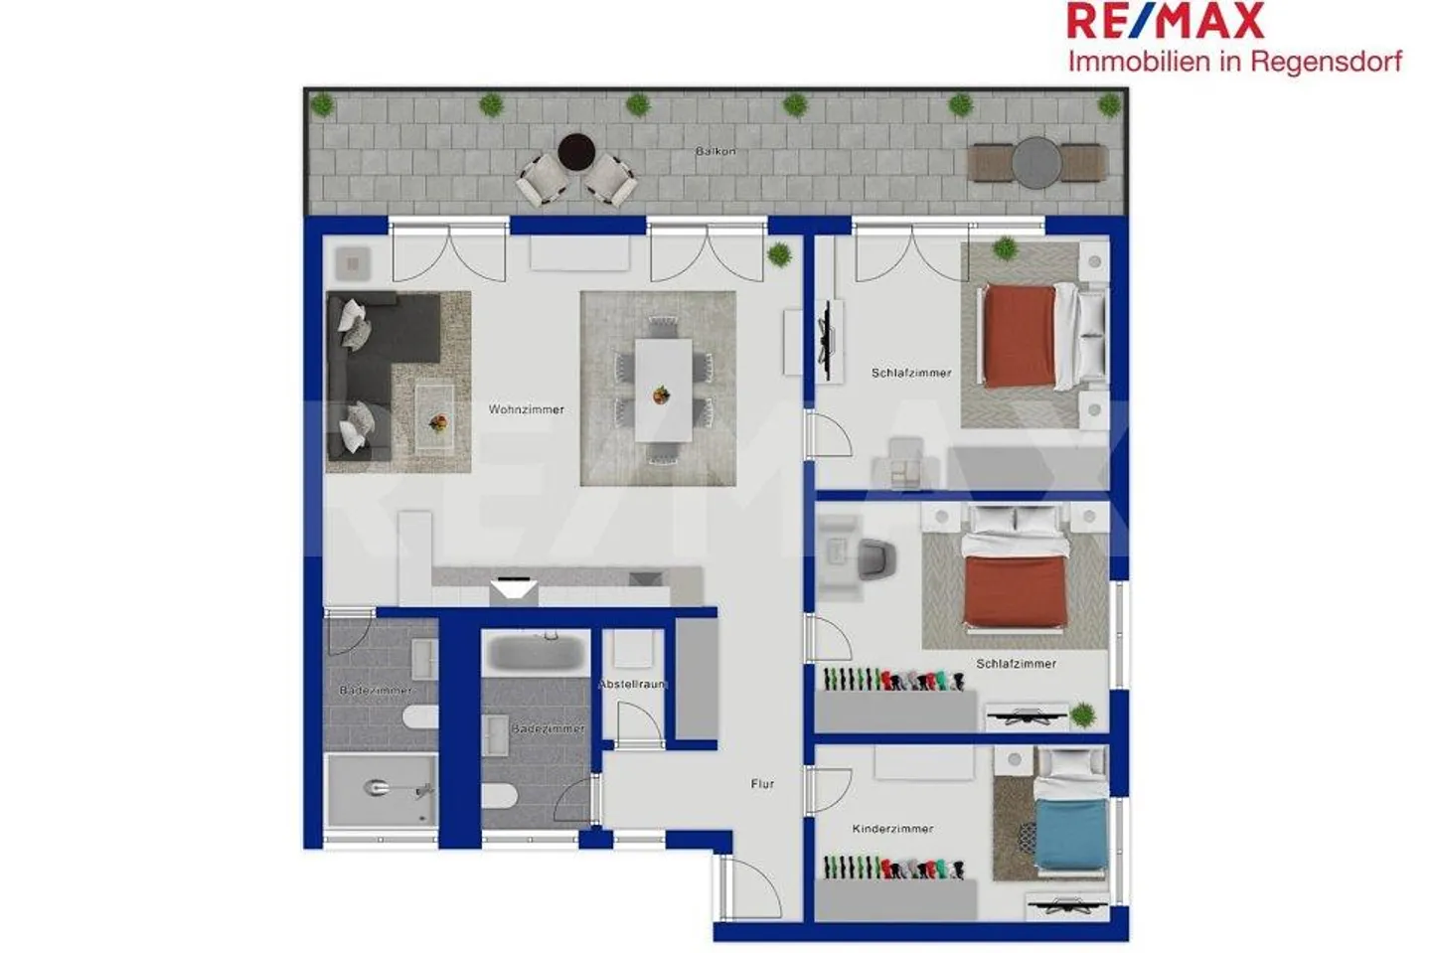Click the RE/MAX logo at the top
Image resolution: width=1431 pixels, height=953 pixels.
[x=1165, y=21]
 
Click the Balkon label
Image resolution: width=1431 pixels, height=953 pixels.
[x=715, y=151]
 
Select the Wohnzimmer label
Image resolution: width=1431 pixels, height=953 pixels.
[x=526, y=409]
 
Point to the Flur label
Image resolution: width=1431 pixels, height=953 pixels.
[x=762, y=784]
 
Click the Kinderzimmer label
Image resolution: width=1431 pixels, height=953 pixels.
[x=892, y=829]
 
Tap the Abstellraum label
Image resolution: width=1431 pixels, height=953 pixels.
[x=631, y=685]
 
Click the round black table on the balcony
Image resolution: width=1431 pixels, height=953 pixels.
[x=576, y=152]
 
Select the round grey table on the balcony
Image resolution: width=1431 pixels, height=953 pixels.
[x=1036, y=162]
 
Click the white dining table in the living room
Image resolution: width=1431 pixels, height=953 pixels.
[x=663, y=390]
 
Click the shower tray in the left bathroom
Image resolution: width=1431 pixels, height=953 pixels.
[x=382, y=789]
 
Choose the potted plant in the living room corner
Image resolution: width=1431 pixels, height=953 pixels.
[x=779, y=254]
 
